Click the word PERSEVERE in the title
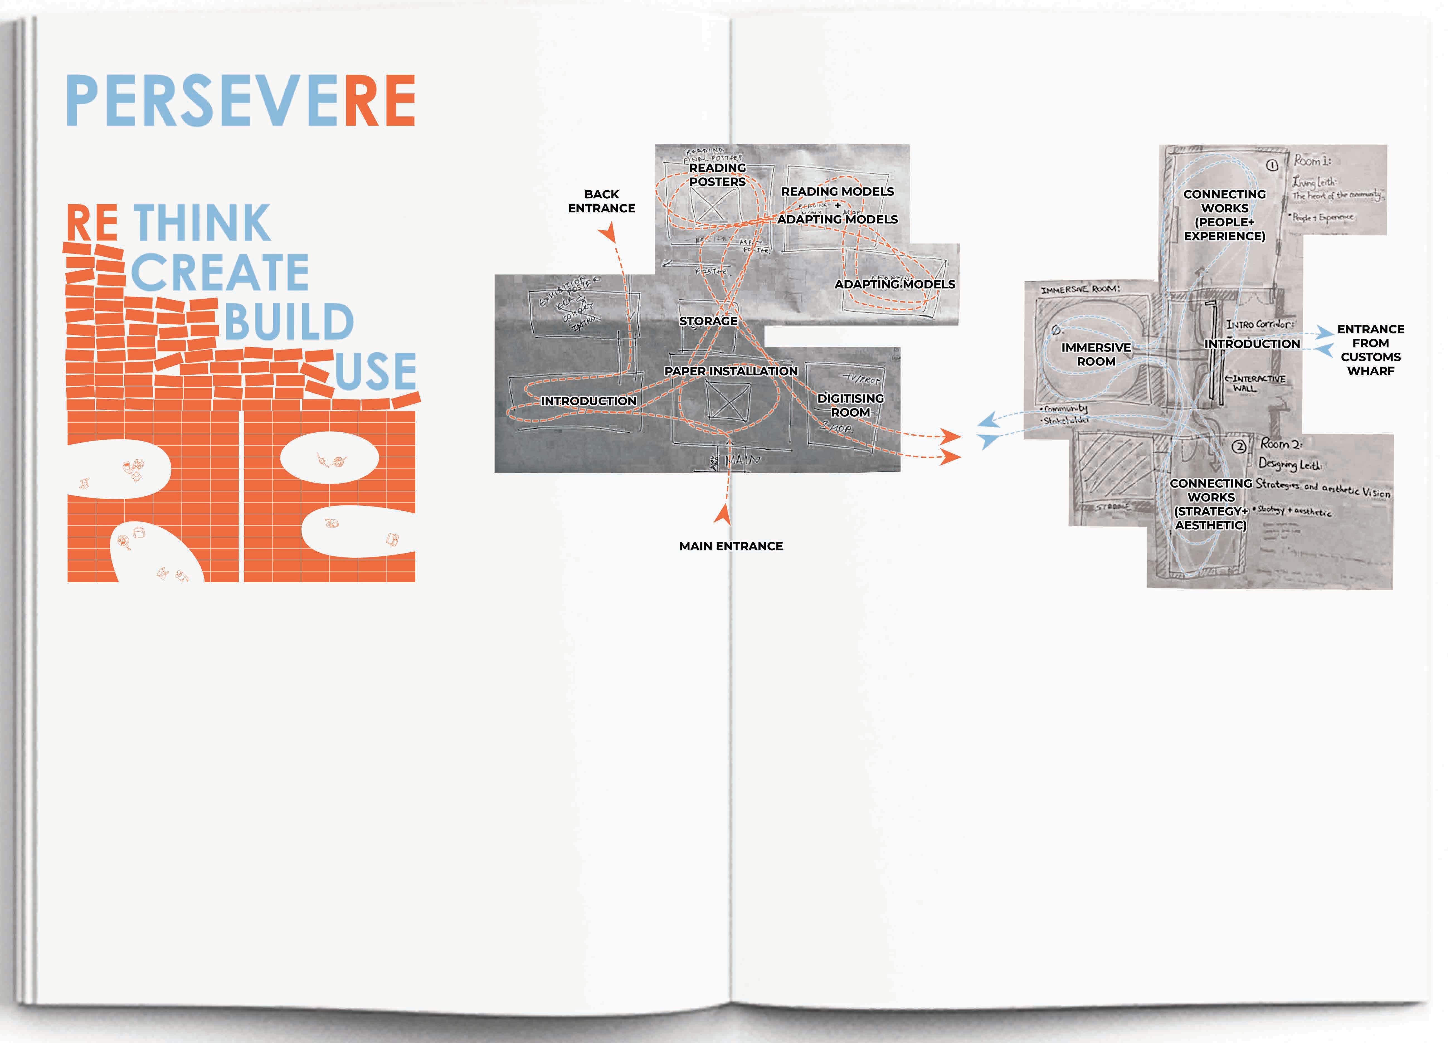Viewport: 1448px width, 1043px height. (x=241, y=101)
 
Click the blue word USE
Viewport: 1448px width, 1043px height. (x=375, y=372)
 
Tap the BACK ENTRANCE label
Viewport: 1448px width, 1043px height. (x=602, y=201)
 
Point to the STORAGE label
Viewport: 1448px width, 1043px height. (x=708, y=321)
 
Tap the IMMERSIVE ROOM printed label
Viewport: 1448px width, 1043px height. (x=1096, y=354)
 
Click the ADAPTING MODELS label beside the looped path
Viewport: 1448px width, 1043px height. (x=894, y=284)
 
